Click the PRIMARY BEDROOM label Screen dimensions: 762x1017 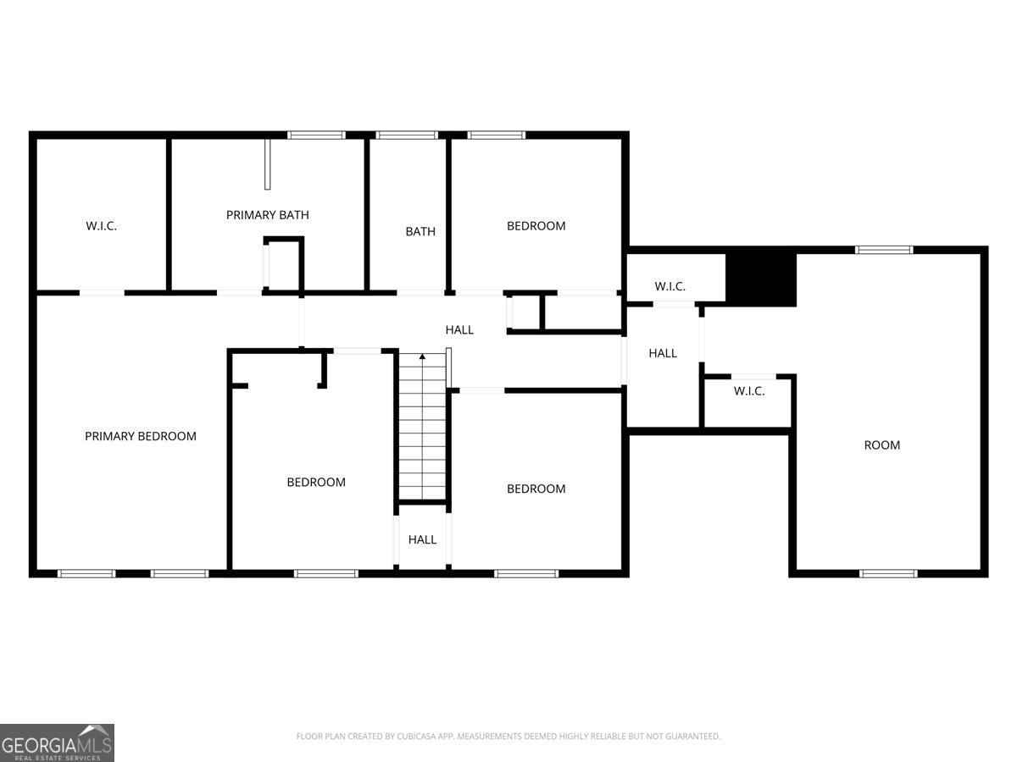tap(141, 436)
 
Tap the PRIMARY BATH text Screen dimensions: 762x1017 tap(267, 215)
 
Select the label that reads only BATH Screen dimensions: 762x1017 tap(420, 231)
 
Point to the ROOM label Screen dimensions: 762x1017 tap(881, 444)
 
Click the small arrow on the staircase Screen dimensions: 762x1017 tap(422, 357)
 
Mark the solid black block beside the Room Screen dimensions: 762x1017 tap(761, 279)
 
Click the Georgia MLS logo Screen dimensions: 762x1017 tap(57, 743)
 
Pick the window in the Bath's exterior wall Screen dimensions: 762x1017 tap(406, 135)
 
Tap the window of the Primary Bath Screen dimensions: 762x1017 tap(316, 135)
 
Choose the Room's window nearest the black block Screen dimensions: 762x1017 tap(884, 250)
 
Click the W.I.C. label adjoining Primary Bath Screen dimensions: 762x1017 tap(101, 226)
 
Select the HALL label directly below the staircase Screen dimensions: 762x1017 tap(422, 539)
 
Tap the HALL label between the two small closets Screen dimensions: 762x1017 tap(663, 353)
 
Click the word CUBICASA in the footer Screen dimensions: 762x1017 tap(418, 737)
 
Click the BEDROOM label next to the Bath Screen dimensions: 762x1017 tap(536, 226)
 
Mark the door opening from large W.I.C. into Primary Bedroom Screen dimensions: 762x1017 tap(102, 293)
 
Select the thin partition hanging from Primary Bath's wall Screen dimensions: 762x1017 tap(267, 164)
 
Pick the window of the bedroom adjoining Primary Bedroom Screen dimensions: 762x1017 tap(326, 573)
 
